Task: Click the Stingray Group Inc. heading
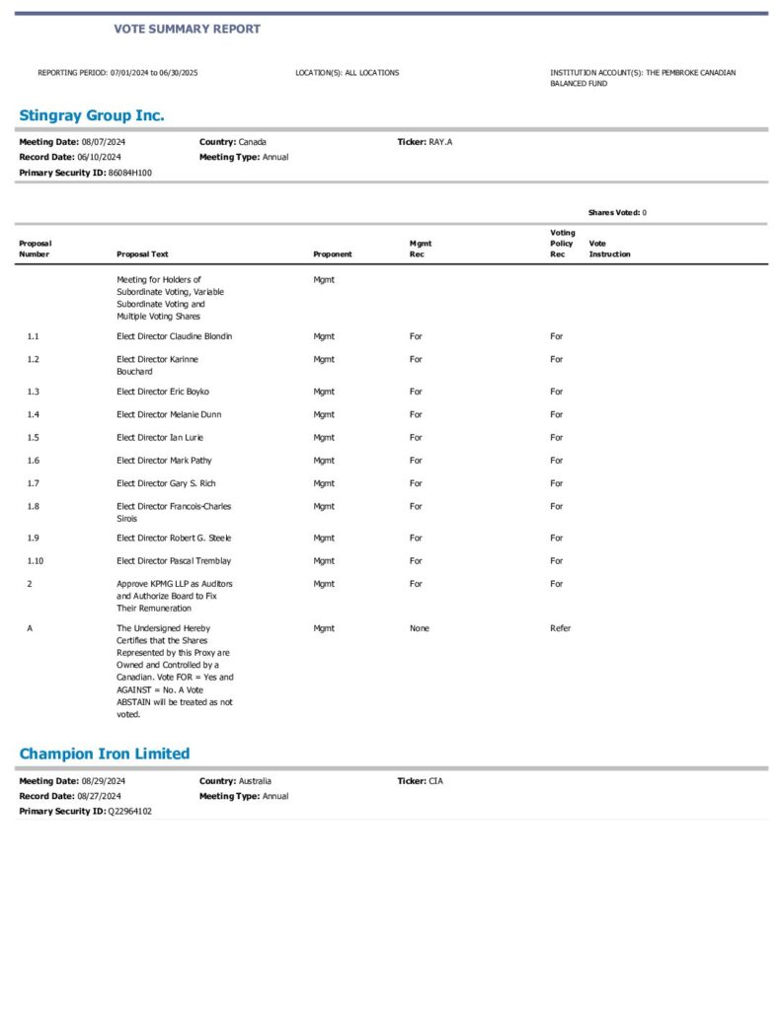92,115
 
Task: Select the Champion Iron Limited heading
105,754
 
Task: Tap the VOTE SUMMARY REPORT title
187,29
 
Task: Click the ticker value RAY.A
440,142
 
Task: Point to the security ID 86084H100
130,173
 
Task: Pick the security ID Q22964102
130,811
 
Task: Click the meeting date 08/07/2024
103,142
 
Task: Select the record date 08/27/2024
99,796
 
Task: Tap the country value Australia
255,780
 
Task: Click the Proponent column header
333,254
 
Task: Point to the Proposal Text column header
142,254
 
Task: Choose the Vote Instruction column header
609,249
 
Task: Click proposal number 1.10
36,560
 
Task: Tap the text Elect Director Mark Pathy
164,461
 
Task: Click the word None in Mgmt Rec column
420,628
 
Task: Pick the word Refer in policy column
560,628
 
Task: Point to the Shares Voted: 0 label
617,212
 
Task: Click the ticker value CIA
435,780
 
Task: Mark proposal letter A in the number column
30,628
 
